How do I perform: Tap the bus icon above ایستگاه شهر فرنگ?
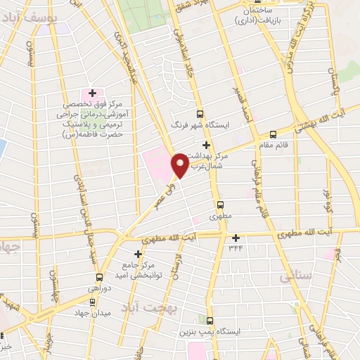click(x=200, y=114)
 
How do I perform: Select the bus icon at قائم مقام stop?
click(x=273, y=134)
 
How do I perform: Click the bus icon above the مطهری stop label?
click(x=221, y=206)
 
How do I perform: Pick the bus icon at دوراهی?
click(x=99, y=277)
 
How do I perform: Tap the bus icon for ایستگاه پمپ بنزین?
click(x=209, y=320)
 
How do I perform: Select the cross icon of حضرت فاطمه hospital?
click(x=92, y=93)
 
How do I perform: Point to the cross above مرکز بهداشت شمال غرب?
click(x=205, y=144)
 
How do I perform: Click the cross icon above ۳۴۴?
click(x=236, y=237)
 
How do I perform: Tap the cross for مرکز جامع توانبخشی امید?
click(x=138, y=253)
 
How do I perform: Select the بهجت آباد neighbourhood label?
click(x=150, y=308)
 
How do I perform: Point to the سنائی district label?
click(x=296, y=277)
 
